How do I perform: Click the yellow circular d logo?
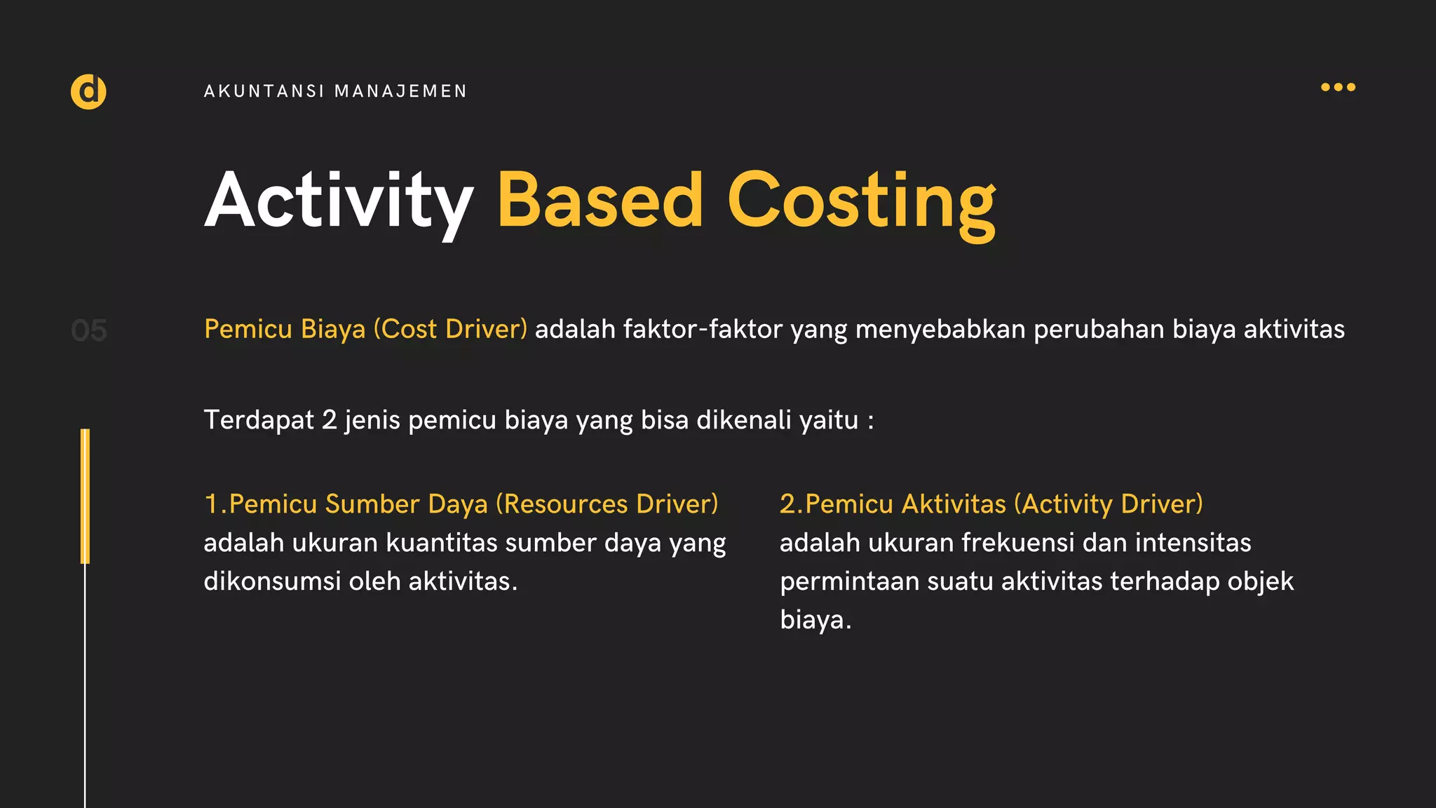pyautogui.click(x=88, y=91)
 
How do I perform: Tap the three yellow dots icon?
pyautogui.click(x=1338, y=87)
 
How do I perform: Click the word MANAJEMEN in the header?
pyautogui.click(x=400, y=91)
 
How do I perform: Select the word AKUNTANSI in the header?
pyautogui.click(x=264, y=91)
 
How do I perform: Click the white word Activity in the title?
pyautogui.click(x=339, y=201)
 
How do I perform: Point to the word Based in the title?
pyautogui.click(x=600, y=201)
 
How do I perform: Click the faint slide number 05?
pyautogui.click(x=89, y=330)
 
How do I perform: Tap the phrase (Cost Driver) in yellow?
pyautogui.click(x=450, y=329)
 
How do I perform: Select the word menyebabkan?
pyautogui.click(x=940, y=329)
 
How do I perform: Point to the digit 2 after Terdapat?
pyautogui.click(x=329, y=420)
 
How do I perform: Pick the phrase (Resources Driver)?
pyautogui.click(x=607, y=504)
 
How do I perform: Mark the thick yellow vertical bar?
pyautogui.click(x=85, y=496)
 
